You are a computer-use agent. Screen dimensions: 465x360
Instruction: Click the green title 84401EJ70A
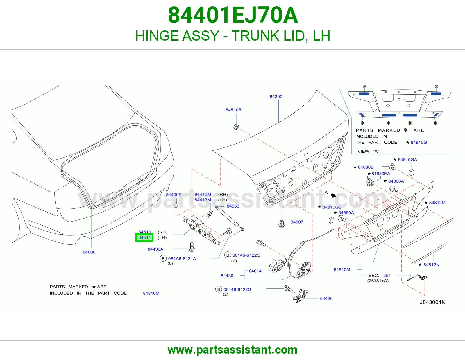tap(233, 15)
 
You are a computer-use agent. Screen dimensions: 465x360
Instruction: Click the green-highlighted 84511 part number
tap(144, 237)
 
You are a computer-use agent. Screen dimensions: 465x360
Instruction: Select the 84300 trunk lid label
tap(276, 96)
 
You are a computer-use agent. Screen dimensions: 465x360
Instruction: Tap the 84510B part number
tap(233, 110)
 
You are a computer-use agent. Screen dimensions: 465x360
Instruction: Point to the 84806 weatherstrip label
tap(89, 252)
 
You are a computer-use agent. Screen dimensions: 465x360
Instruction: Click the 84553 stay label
tap(233, 206)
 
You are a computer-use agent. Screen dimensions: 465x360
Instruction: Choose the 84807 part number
tap(297, 222)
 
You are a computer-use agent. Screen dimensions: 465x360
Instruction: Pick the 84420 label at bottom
tap(326, 298)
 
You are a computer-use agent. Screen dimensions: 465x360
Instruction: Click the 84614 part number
tap(255, 271)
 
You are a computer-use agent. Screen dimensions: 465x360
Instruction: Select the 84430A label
tap(155, 249)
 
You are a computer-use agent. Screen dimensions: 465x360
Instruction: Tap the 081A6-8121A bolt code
tap(182, 258)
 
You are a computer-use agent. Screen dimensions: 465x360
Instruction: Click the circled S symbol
tap(219, 289)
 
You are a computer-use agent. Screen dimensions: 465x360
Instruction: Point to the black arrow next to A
tap(333, 195)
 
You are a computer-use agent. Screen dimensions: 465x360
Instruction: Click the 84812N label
tap(431, 265)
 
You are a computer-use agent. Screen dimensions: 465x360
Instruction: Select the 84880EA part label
tap(381, 174)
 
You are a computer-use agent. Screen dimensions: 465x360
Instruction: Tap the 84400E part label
tap(174, 195)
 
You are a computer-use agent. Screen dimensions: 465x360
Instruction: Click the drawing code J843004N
tap(432, 302)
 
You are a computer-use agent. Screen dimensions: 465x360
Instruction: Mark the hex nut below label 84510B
tap(236, 127)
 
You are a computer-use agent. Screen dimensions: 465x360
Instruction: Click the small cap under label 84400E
tap(176, 206)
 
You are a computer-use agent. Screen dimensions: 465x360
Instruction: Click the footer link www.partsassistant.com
tap(233, 350)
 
